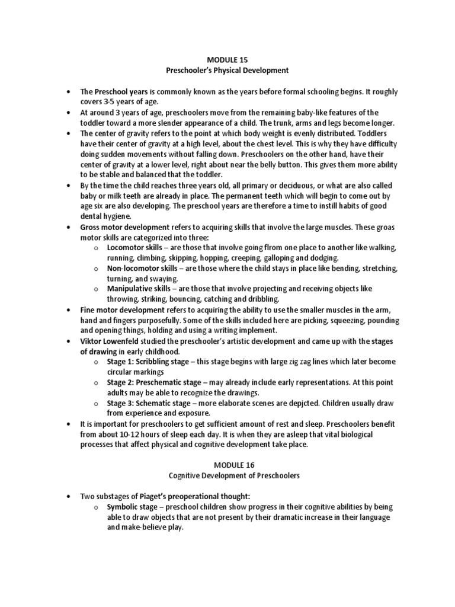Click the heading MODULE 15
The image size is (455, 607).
point(227,60)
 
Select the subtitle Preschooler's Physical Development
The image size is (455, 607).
point(227,70)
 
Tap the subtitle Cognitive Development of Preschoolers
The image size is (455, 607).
point(227,477)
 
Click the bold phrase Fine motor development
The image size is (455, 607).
point(118,309)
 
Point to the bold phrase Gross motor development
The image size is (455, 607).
point(121,226)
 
